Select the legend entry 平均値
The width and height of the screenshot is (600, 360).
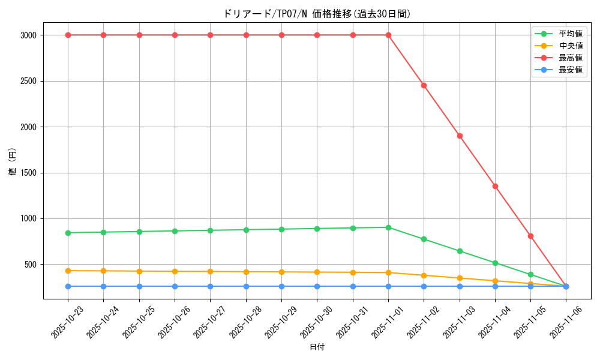click(570, 34)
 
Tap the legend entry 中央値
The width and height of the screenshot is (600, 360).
click(570, 46)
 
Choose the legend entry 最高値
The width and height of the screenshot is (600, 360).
click(570, 58)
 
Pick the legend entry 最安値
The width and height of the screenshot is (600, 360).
click(570, 70)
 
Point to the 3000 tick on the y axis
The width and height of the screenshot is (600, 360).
click(28, 35)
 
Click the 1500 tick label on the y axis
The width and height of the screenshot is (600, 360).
click(28, 173)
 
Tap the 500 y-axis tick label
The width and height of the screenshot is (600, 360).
click(31, 265)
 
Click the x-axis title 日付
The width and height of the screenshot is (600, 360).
click(317, 347)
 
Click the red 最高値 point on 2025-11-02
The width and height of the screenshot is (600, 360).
click(424, 85)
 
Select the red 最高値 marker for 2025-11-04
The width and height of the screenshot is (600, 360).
click(495, 186)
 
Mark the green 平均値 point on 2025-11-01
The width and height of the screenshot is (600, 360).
click(388, 227)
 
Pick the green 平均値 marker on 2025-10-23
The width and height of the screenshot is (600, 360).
click(68, 233)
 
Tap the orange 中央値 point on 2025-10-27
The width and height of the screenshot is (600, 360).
click(210, 271)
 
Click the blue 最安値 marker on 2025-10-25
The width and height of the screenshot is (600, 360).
click(139, 286)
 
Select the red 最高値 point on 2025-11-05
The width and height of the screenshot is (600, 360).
click(530, 236)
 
